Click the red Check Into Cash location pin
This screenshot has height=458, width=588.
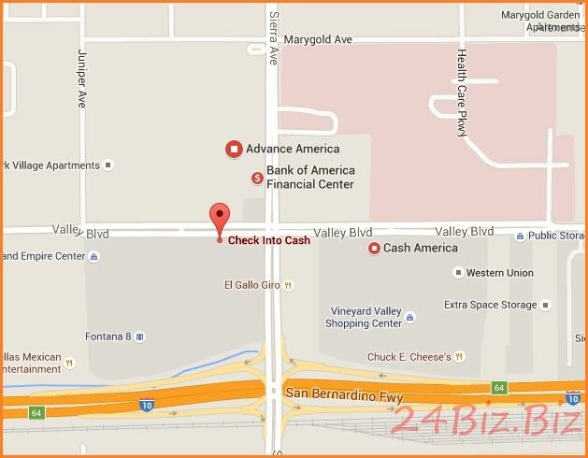[x=220, y=217]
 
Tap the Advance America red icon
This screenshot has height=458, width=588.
[x=234, y=149]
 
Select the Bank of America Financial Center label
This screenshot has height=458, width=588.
[x=310, y=178]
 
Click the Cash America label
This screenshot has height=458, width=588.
[x=420, y=248]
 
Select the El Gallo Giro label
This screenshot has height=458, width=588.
[x=252, y=285]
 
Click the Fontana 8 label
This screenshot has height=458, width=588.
[x=108, y=336]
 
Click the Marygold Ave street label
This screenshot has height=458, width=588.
[x=318, y=39]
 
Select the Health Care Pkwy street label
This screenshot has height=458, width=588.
[x=462, y=93]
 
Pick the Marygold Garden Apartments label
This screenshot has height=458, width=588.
[x=540, y=21]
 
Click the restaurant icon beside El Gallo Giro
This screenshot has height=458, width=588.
[x=289, y=285]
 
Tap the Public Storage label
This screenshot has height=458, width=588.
[x=556, y=236]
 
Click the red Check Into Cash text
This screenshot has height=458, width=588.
[x=269, y=240]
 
